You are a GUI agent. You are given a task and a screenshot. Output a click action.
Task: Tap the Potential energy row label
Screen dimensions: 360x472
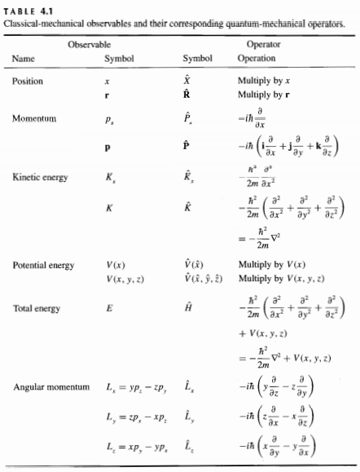pos(42,266)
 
